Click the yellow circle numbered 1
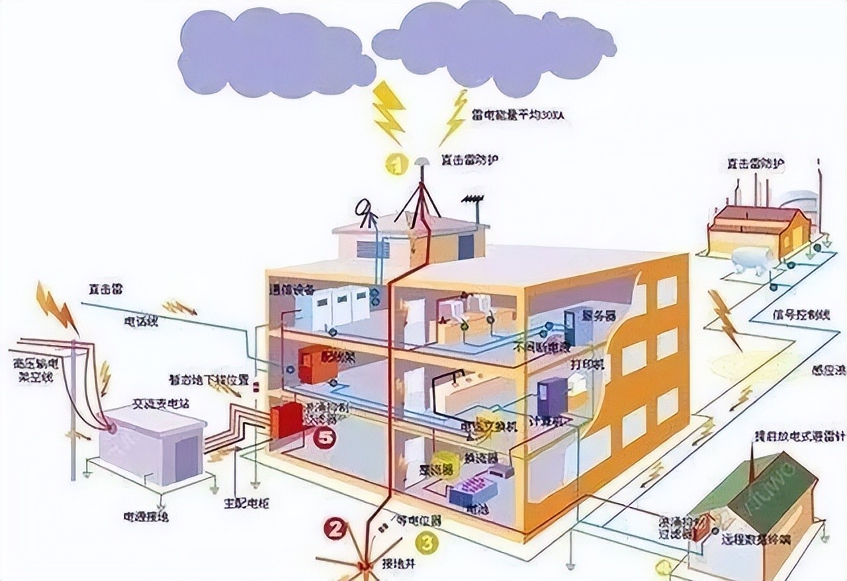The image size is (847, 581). tap(396, 163)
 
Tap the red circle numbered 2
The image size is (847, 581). tap(334, 528)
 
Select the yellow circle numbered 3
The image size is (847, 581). tap(427, 543)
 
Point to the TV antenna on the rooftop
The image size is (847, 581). tap(472, 199)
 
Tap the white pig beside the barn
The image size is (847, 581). tap(752, 259)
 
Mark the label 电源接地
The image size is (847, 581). tap(146, 515)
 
